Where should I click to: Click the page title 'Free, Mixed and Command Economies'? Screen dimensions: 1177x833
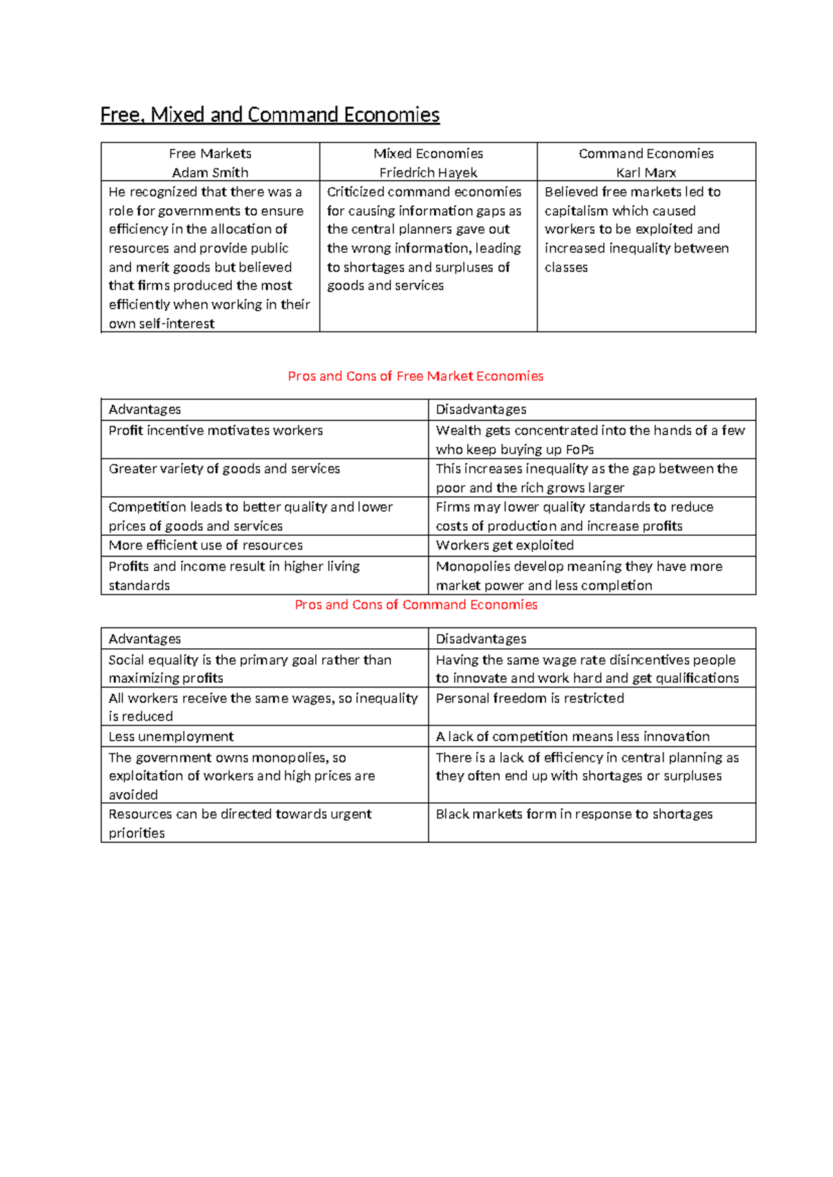pos(270,115)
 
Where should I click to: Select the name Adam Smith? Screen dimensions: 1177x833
pos(210,172)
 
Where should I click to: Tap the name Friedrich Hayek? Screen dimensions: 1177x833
pos(428,172)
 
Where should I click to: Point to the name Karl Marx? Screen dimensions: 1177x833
pos(646,172)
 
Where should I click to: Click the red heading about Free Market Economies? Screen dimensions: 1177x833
pos(415,376)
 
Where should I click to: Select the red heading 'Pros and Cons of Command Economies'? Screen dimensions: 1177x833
pos(416,604)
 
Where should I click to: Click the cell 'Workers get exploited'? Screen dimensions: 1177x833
pos(505,545)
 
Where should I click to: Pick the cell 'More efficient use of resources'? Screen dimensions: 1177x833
pos(205,545)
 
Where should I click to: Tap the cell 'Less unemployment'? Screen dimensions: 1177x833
pos(171,736)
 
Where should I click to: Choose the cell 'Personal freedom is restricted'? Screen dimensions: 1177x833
pos(530,698)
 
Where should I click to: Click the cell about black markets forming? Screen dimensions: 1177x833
pos(574,814)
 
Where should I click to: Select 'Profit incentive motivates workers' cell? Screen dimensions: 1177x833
pos(215,430)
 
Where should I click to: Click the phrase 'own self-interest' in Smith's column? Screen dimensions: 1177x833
pos(161,323)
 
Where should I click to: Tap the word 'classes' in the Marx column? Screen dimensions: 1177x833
pos(566,267)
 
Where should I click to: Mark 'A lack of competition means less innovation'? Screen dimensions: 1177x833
pos(573,736)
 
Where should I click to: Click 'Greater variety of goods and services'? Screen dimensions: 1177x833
pos(224,468)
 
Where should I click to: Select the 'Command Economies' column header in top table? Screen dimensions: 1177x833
pos(646,153)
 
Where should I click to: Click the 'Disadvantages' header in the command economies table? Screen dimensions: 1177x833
pos(481,638)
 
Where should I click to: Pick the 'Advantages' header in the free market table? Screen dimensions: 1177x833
pos(144,409)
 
